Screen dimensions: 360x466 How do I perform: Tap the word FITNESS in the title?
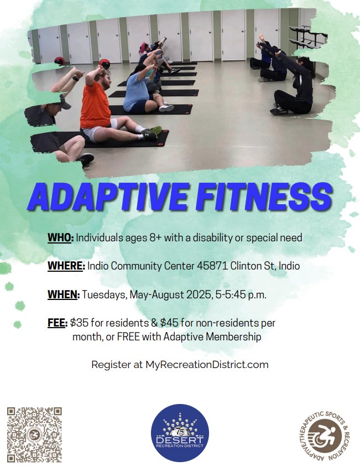click(x=264, y=196)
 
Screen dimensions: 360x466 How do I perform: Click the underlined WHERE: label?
click(x=66, y=266)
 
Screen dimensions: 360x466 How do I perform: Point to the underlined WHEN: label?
click(x=64, y=294)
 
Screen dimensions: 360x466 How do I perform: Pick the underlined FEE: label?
click(x=58, y=323)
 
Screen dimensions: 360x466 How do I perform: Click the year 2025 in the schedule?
click(x=199, y=294)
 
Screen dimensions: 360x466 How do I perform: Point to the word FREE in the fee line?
click(x=128, y=336)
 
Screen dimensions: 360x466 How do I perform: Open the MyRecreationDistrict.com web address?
click(x=207, y=365)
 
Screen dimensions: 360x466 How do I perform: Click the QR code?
click(x=34, y=434)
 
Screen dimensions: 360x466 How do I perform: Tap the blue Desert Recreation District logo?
click(x=180, y=433)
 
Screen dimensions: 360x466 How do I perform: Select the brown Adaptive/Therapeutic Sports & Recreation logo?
click(x=325, y=436)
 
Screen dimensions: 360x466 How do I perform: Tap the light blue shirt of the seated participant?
click(x=137, y=91)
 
